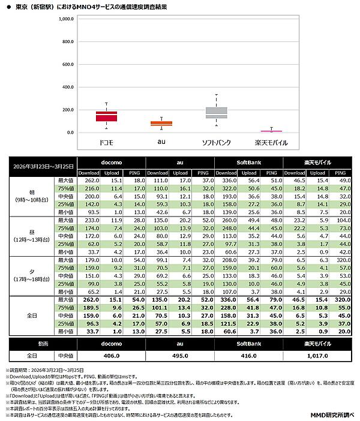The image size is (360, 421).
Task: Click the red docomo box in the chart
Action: coord(106,116)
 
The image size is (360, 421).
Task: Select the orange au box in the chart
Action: coord(161,124)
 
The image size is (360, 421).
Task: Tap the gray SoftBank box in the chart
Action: coord(216,112)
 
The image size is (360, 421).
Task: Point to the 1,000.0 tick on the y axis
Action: coord(65,19)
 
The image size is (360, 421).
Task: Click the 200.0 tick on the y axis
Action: coord(67,110)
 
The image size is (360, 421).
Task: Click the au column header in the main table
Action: coord(180,163)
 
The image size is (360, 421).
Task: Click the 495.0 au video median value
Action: coord(180,355)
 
